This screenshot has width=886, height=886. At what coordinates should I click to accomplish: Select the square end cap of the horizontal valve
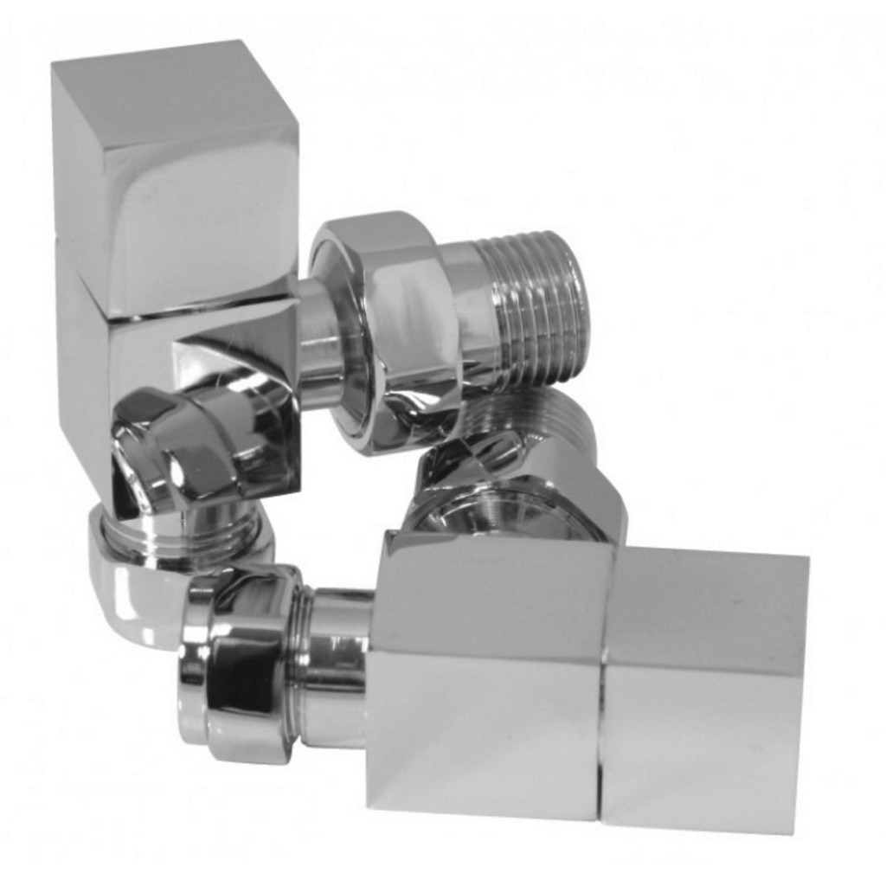coord(705,692)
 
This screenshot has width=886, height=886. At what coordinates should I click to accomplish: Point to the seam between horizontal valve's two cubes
coord(604,684)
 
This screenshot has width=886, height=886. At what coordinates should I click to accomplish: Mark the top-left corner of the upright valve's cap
coord(54,66)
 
